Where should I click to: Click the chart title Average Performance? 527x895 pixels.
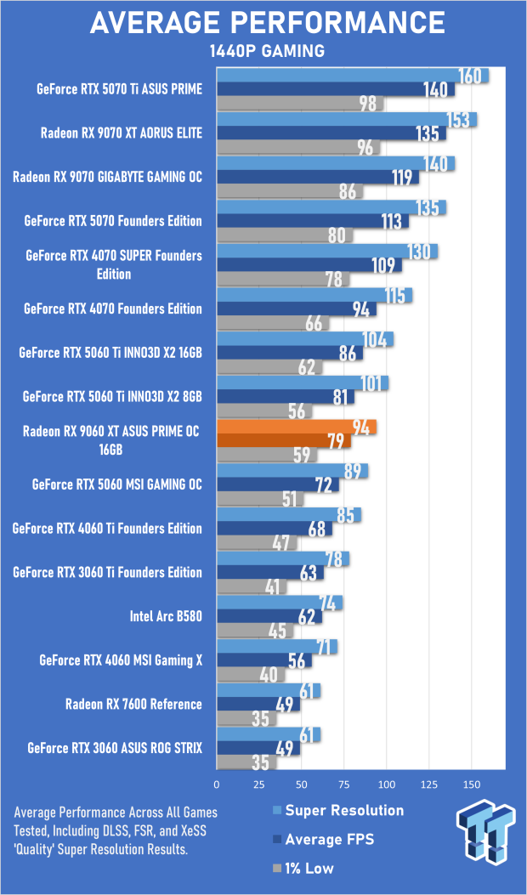(x=267, y=22)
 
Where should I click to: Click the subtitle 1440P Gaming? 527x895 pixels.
(x=267, y=52)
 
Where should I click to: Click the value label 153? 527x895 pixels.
(x=458, y=120)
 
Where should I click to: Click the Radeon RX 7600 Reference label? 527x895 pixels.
(x=133, y=704)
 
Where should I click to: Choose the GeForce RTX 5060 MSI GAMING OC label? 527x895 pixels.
(x=117, y=484)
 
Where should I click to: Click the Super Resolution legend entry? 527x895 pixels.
(x=344, y=810)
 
